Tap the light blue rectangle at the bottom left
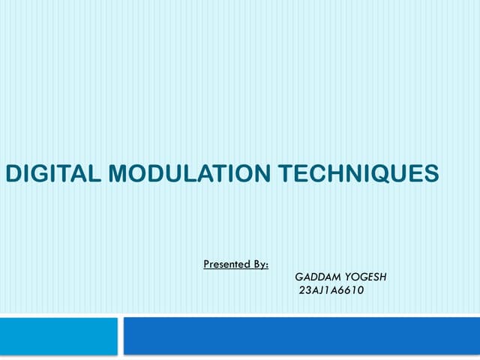[58, 335]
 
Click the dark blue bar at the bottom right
[301, 335]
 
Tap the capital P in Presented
[207, 264]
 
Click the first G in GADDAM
[298, 277]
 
